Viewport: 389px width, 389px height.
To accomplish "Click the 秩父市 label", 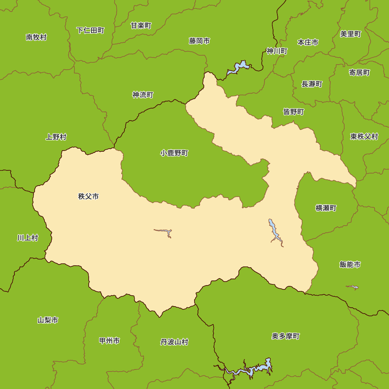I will pos(88,196).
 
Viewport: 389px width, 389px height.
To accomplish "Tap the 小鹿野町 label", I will pos(174,153).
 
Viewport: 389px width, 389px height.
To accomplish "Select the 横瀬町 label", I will pos(326,208).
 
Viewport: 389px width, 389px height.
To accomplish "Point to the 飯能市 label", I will pos(350,265).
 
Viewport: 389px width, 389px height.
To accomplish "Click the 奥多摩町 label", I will pos(286,336).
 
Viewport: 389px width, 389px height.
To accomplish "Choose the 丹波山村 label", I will pos(174,342).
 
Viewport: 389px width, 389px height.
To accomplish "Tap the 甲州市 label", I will pos(109,341).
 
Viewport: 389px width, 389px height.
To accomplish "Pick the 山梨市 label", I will pos(48,321).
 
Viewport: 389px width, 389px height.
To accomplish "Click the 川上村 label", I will pos(28,238).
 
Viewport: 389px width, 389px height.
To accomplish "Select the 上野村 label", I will pos(56,137).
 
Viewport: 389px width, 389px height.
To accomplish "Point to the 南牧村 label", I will pos(36,37).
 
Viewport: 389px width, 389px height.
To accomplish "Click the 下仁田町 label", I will pos(90,30).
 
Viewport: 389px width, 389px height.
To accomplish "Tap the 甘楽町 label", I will pos(141,26).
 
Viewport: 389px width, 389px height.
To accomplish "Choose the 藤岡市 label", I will pos(200,41).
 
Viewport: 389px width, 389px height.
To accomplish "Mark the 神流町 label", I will pos(143,95).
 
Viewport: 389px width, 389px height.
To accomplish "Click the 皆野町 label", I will pos(293,112).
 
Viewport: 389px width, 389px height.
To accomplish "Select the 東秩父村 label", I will pos(364,137).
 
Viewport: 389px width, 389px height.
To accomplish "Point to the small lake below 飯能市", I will pos(352,287).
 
